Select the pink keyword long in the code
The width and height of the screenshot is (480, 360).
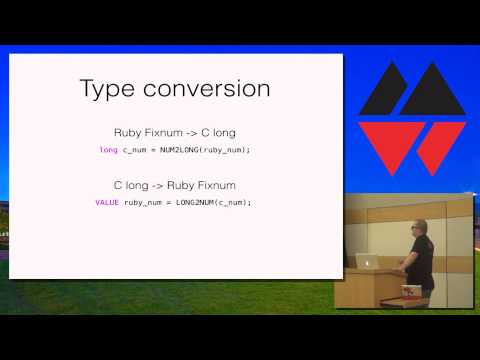108,150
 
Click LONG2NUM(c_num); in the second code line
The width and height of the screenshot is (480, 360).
213,202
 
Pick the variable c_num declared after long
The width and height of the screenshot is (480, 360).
135,150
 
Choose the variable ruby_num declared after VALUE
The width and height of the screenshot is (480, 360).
143,202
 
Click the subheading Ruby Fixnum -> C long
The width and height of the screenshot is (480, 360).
174,133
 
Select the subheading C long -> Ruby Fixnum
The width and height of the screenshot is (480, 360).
174,185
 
